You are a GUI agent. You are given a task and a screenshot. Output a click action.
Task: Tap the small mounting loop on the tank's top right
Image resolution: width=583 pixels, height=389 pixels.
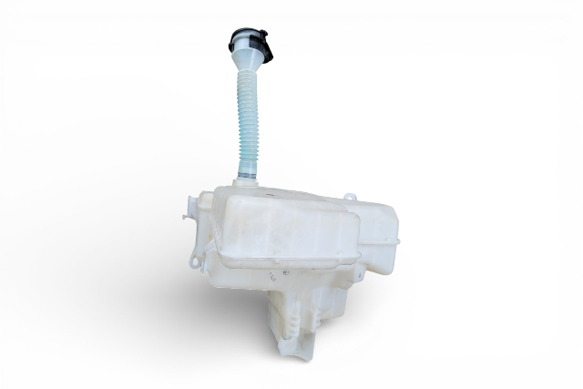pos(349,197)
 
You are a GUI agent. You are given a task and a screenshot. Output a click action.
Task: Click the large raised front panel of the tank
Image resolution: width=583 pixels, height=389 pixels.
pos(282,228)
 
